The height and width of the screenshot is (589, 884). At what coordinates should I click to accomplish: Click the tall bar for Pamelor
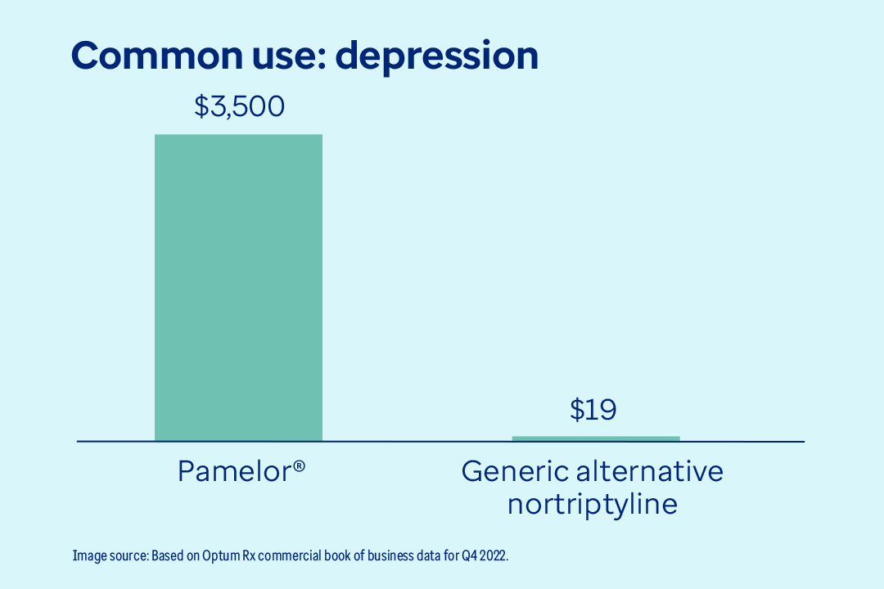coord(238,287)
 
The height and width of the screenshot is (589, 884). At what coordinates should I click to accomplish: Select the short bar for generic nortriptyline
coord(595,438)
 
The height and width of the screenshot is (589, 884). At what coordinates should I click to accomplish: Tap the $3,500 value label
coord(239,106)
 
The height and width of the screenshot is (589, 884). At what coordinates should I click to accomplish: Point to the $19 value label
coord(593,409)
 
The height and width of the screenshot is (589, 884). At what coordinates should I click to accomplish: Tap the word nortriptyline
coord(592,504)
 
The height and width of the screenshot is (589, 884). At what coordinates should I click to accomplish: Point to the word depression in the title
coord(438,56)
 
